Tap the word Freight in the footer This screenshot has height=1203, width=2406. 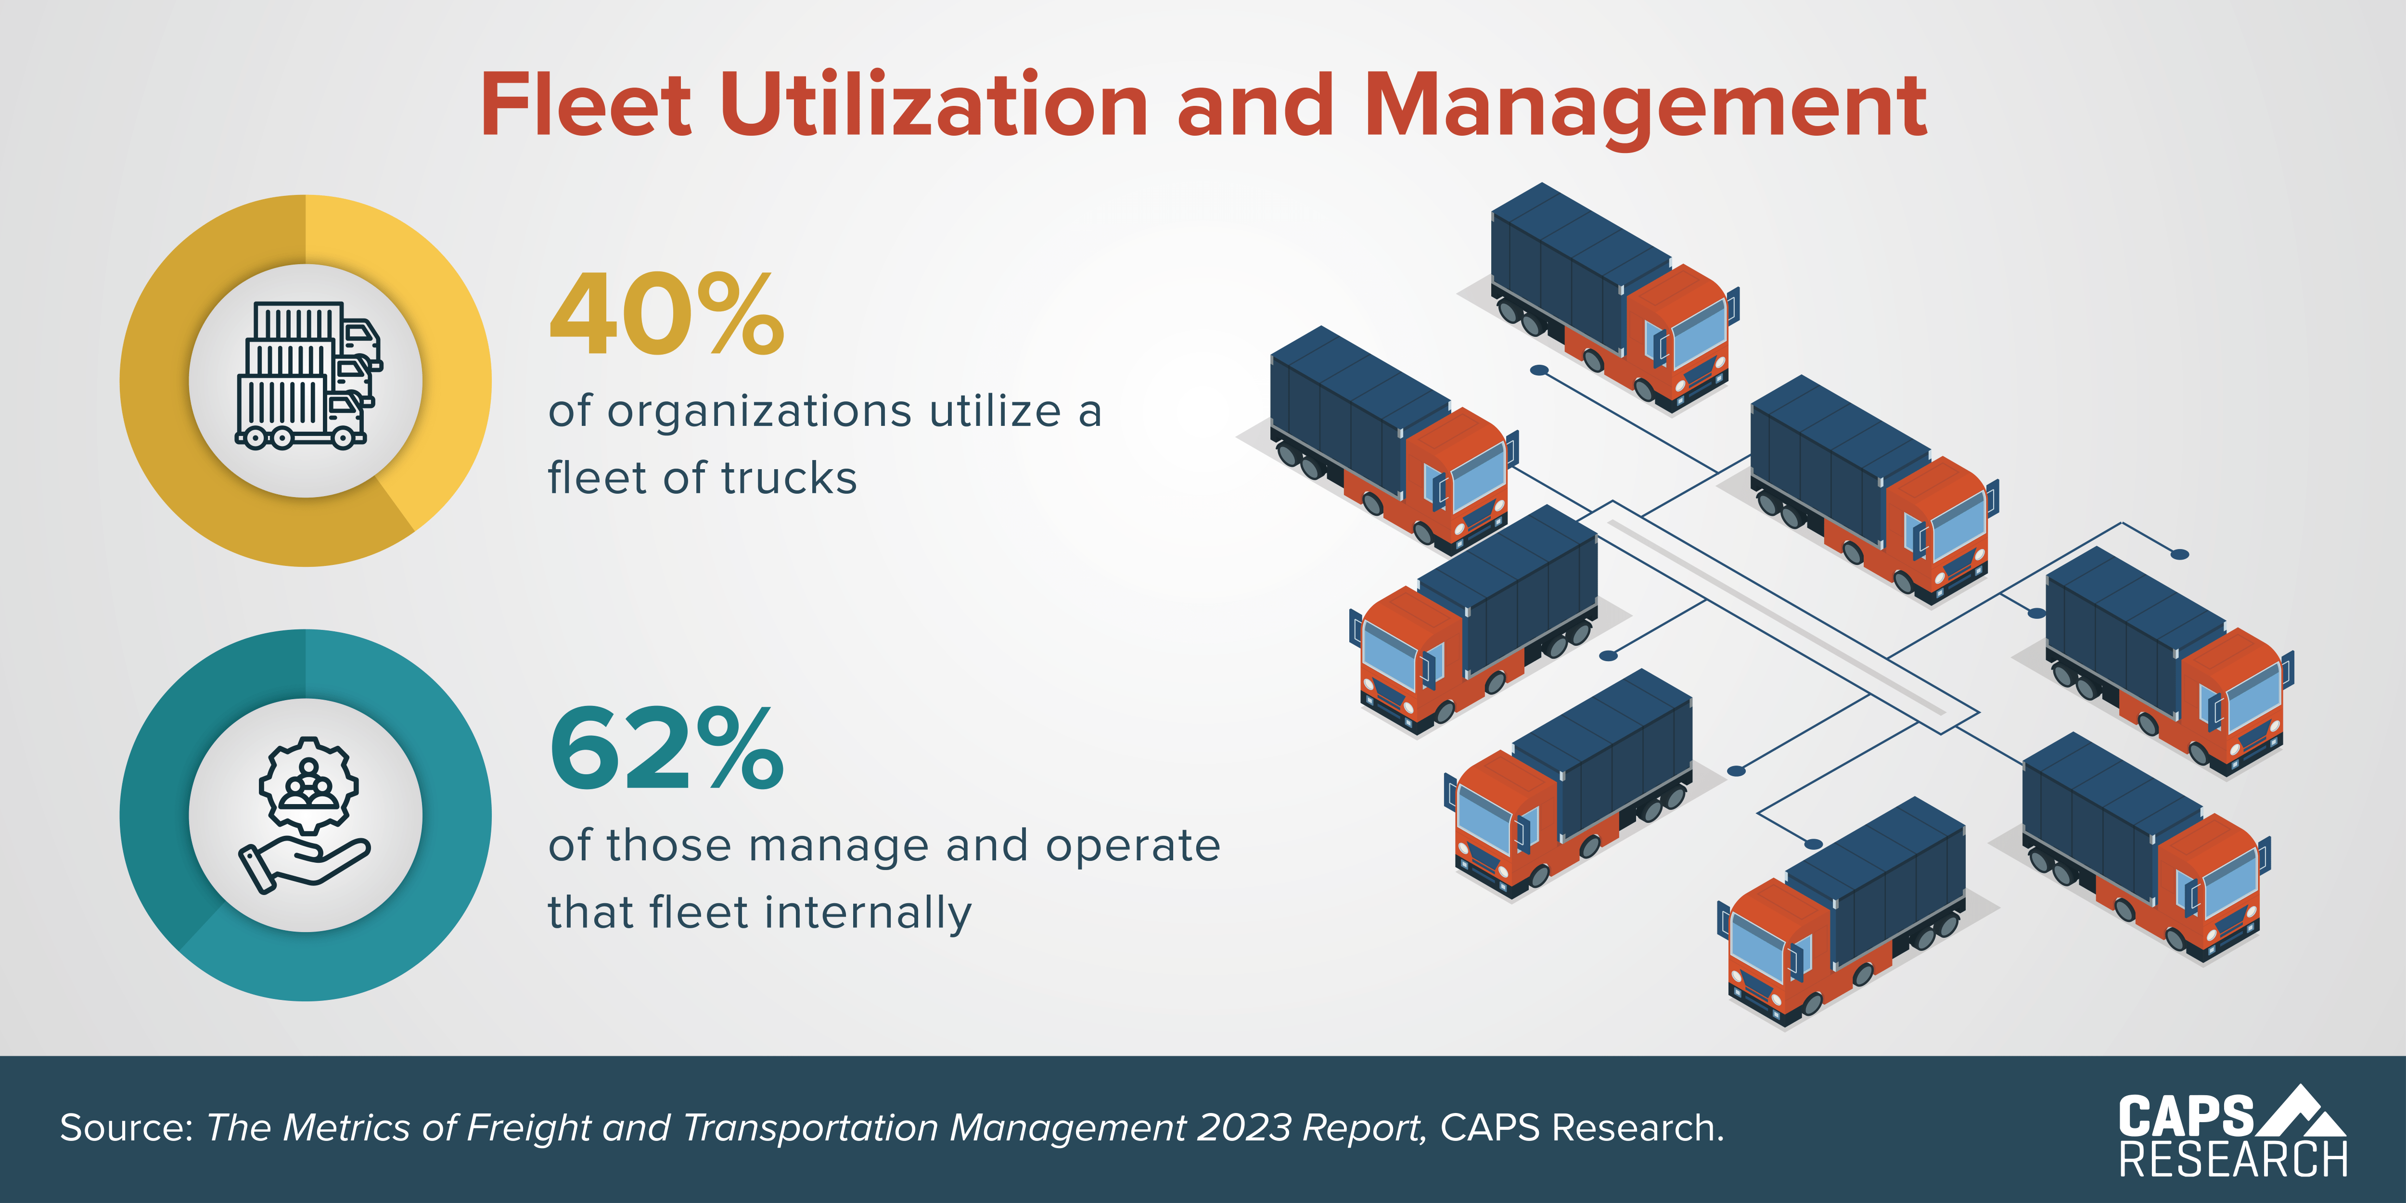click(x=528, y=1128)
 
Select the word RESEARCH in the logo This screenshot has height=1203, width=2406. click(x=2232, y=1160)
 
